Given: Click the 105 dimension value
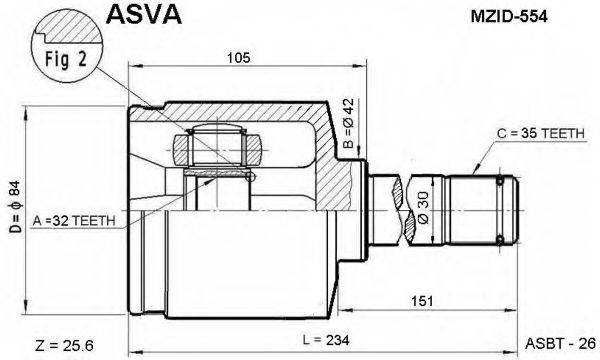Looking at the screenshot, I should pos(238,58).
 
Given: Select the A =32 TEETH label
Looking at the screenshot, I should pos(75,219).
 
